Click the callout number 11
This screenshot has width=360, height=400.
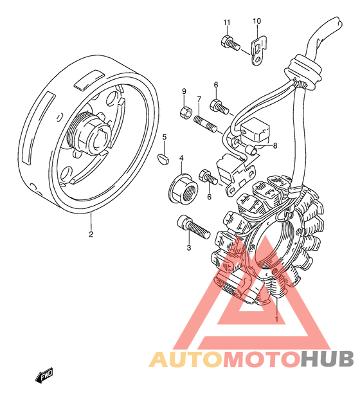pos(227,23)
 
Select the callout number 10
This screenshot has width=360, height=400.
pos(257,21)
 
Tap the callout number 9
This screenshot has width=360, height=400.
pos(184,91)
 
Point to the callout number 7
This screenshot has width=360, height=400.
pos(199,99)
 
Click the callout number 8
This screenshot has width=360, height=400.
pos(275,145)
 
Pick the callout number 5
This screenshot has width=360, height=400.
pos(165,137)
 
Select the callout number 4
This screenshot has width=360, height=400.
pos(181,158)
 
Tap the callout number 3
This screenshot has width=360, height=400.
pos(188,247)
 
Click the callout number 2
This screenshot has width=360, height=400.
pos(91,234)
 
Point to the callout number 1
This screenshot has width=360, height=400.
pos(276,318)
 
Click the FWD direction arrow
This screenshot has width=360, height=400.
pos(44,375)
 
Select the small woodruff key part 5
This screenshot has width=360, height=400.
pos(163,159)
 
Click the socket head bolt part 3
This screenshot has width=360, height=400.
pos(194,227)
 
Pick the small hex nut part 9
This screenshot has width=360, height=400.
pos(185,113)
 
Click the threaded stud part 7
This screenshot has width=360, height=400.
pos(206,124)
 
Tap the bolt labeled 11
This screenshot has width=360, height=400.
pos(230,43)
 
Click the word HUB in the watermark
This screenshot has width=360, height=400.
pos(327,359)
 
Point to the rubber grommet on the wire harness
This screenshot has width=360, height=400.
pos(303,72)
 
